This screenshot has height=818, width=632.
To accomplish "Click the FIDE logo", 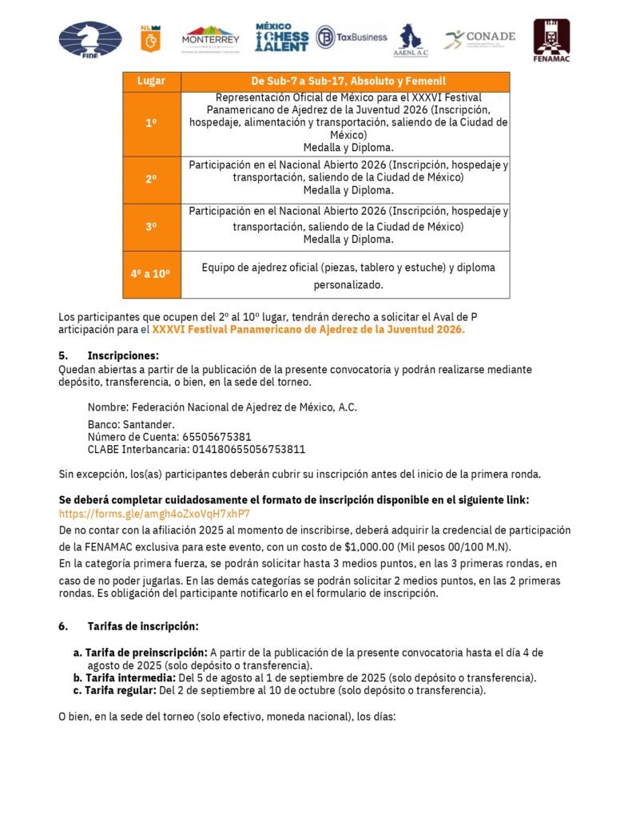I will click(90, 39).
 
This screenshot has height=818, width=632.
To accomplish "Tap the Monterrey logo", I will click(210, 38).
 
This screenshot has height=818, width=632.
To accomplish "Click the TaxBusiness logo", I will click(352, 37).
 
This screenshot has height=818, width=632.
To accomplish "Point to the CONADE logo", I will click(480, 38).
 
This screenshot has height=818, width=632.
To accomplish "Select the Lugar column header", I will click(151, 81).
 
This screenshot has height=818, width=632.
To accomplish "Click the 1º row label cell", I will click(151, 124).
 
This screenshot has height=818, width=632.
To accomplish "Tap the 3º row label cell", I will click(151, 227).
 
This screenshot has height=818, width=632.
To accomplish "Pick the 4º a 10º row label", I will click(151, 273).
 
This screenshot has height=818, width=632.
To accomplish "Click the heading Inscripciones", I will click(123, 355).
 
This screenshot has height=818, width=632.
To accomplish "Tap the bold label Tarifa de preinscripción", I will click(146, 653).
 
